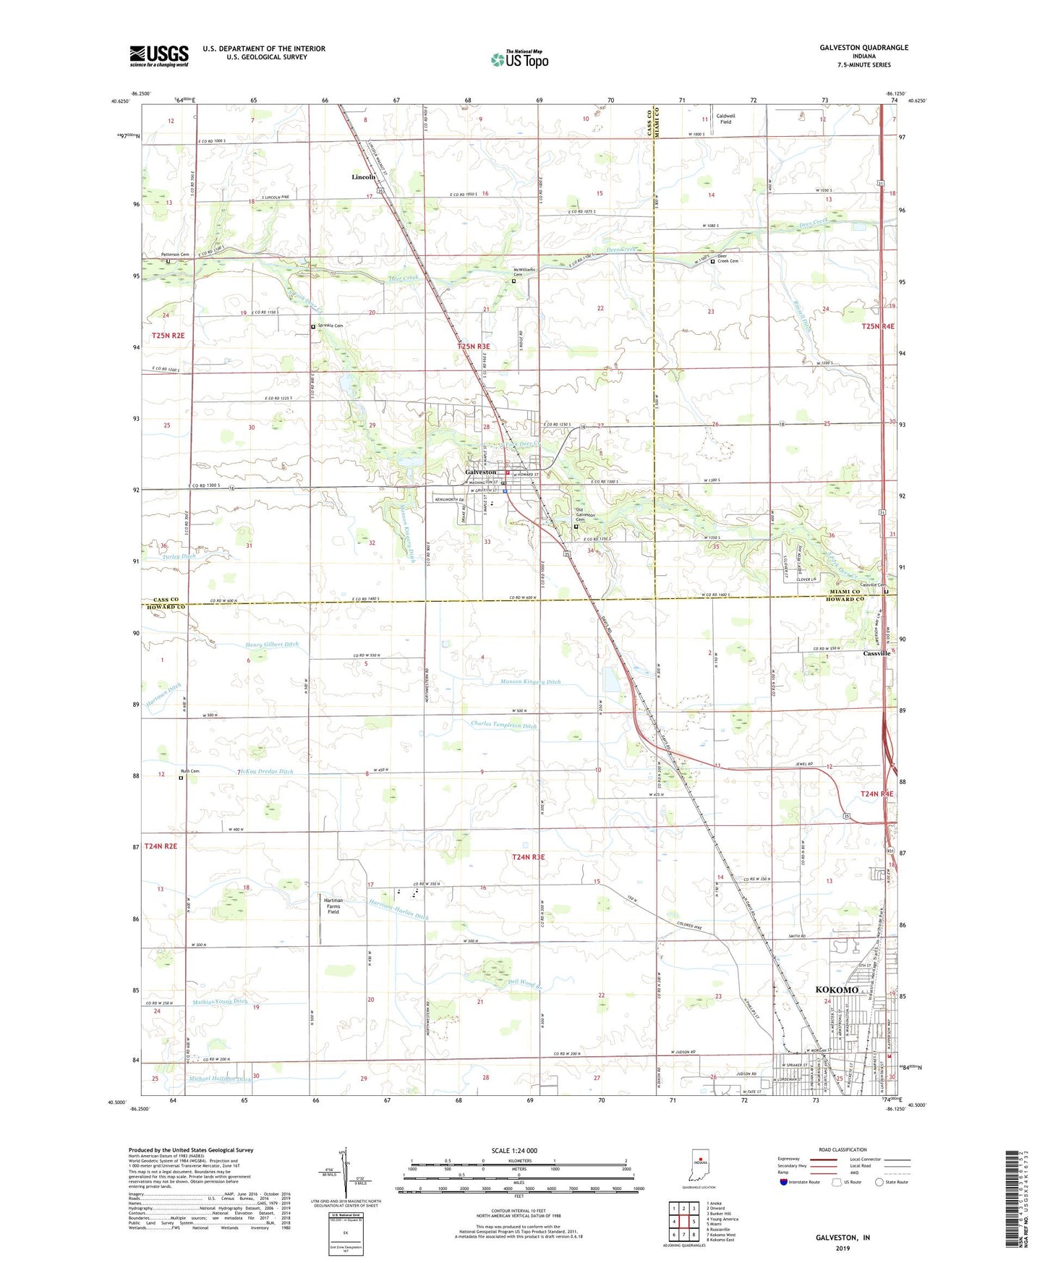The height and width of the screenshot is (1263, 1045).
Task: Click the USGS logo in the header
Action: tap(159, 56)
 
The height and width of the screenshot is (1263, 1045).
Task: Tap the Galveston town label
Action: tap(479, 472)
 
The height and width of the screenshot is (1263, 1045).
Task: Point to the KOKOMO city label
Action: tap(837, 990)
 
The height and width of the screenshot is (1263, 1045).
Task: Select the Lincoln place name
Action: tap(363, 177)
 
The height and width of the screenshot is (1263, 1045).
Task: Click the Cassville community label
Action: tap(876, 653)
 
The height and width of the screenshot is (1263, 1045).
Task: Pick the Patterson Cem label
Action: tap(175, 255)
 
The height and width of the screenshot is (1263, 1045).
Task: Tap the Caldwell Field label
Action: tap(725, 119)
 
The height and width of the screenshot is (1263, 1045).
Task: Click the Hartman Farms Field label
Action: tap(333, 906)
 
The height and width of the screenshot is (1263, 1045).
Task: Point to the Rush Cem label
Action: tap(189, 771)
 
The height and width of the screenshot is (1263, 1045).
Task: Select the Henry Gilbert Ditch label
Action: tap(271, 645)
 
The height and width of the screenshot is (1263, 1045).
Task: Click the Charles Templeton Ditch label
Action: tap(503, 725)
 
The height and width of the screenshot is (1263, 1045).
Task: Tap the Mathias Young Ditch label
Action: tap(220, 1002)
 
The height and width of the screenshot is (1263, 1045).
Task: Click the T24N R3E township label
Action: tap(528, 857)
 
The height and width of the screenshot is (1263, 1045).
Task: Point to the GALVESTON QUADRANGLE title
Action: tap(863, 48)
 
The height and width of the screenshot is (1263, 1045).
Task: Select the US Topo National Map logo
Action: tap(519, 59)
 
